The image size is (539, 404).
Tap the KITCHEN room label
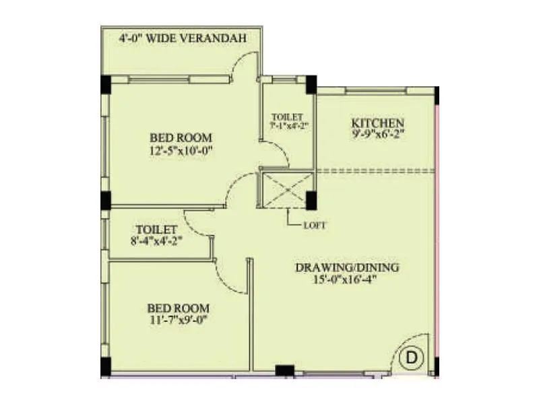point(377,123)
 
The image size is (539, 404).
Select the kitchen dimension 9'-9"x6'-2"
point(377,135)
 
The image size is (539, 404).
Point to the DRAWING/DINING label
point(347,267)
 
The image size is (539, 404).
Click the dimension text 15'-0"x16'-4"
point(348,279)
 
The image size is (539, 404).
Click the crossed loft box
point(286,188)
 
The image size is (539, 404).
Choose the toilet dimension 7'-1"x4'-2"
point(289,125)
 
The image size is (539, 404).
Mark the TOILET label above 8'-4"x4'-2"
point(156,229)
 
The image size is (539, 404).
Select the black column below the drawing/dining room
point(284,370)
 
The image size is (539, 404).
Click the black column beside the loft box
point(311,201)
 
